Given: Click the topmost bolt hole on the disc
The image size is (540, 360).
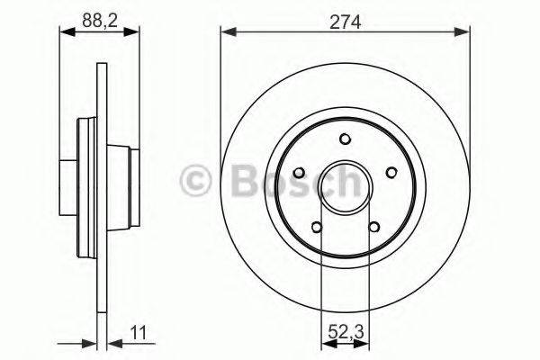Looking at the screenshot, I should (346, 139).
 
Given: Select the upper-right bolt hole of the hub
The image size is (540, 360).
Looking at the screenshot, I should (391, 172).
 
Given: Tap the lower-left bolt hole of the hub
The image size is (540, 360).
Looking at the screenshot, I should (317, 226).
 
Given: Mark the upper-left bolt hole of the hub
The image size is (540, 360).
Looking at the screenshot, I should (300, 172).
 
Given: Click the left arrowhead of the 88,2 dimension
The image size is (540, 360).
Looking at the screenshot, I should (64, 31).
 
